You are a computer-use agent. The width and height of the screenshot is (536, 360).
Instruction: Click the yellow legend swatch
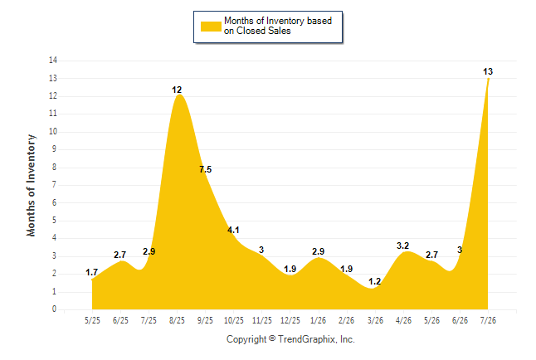click(x=211, y=27)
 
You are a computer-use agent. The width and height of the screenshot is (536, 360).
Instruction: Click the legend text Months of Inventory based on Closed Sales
click(x=278, y=26)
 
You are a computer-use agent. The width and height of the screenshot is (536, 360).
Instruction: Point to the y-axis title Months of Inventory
click(x=31, y=185)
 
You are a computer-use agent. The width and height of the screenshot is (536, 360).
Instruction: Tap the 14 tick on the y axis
click(x=53, y=61)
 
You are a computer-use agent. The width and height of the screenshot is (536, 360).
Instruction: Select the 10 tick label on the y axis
click(x=53, y=131)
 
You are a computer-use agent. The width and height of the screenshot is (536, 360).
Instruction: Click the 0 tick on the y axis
click(x=55, y=309)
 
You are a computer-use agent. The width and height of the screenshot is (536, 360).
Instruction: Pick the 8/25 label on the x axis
click(x=177, y=320)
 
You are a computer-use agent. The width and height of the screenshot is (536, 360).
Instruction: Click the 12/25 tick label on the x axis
click(x=290, y=320)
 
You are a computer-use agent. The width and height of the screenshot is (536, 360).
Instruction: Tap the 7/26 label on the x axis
click(x=488, y=320)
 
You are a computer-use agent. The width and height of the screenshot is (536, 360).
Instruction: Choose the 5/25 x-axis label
click(x=92, y=320)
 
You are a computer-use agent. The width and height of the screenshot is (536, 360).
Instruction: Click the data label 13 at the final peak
click(x=488, y=71)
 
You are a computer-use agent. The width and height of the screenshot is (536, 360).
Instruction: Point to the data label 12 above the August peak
click(x=177, y=90)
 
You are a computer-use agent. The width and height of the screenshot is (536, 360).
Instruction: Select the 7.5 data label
click(x=206, y=169)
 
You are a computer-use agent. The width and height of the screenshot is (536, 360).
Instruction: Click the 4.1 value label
click(x=233, y=230)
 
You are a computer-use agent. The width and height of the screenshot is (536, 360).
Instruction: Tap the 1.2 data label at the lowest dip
click(x=375, y=281)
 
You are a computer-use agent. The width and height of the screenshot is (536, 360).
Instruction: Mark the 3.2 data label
click(x=403, y=246)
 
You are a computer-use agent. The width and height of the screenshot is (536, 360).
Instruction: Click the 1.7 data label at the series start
click(x=91, y=272)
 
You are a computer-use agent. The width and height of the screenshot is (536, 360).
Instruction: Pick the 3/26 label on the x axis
click(x=375, y=320)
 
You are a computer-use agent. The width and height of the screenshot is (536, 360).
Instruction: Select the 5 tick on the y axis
click(x=55, y=220)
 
